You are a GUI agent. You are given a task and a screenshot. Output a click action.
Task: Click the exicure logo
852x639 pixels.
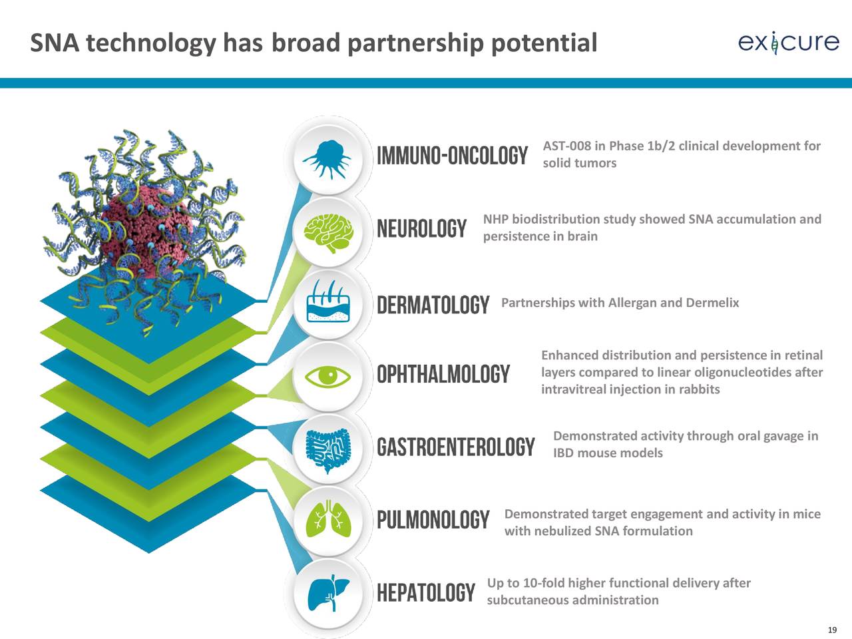[788, 43]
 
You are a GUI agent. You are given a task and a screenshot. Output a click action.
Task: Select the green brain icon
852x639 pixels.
[328, 233]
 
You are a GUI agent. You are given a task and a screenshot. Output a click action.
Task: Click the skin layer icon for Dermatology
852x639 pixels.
[328, 301]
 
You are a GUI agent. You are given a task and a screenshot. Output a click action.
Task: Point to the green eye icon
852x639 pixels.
[328, 376]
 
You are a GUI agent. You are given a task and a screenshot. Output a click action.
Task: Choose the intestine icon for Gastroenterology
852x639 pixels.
[328, 451]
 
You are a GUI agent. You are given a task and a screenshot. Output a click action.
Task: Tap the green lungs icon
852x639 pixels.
[328, 519]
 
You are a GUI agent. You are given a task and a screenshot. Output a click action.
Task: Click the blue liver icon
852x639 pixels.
[328, 592]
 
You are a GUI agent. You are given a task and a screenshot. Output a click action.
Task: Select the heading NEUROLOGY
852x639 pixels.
[422, 228]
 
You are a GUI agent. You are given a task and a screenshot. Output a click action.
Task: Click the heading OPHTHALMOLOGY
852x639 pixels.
[443, 374]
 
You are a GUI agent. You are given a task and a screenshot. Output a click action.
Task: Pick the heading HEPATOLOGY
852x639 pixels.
[426, 593]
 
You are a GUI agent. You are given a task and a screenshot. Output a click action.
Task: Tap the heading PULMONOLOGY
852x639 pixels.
[433, 519]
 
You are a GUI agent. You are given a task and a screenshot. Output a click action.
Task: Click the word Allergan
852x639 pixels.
[632, 303]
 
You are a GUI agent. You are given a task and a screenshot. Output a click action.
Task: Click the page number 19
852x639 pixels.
[832, 630]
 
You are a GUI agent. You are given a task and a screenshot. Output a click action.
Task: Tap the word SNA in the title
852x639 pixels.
[55, 43]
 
